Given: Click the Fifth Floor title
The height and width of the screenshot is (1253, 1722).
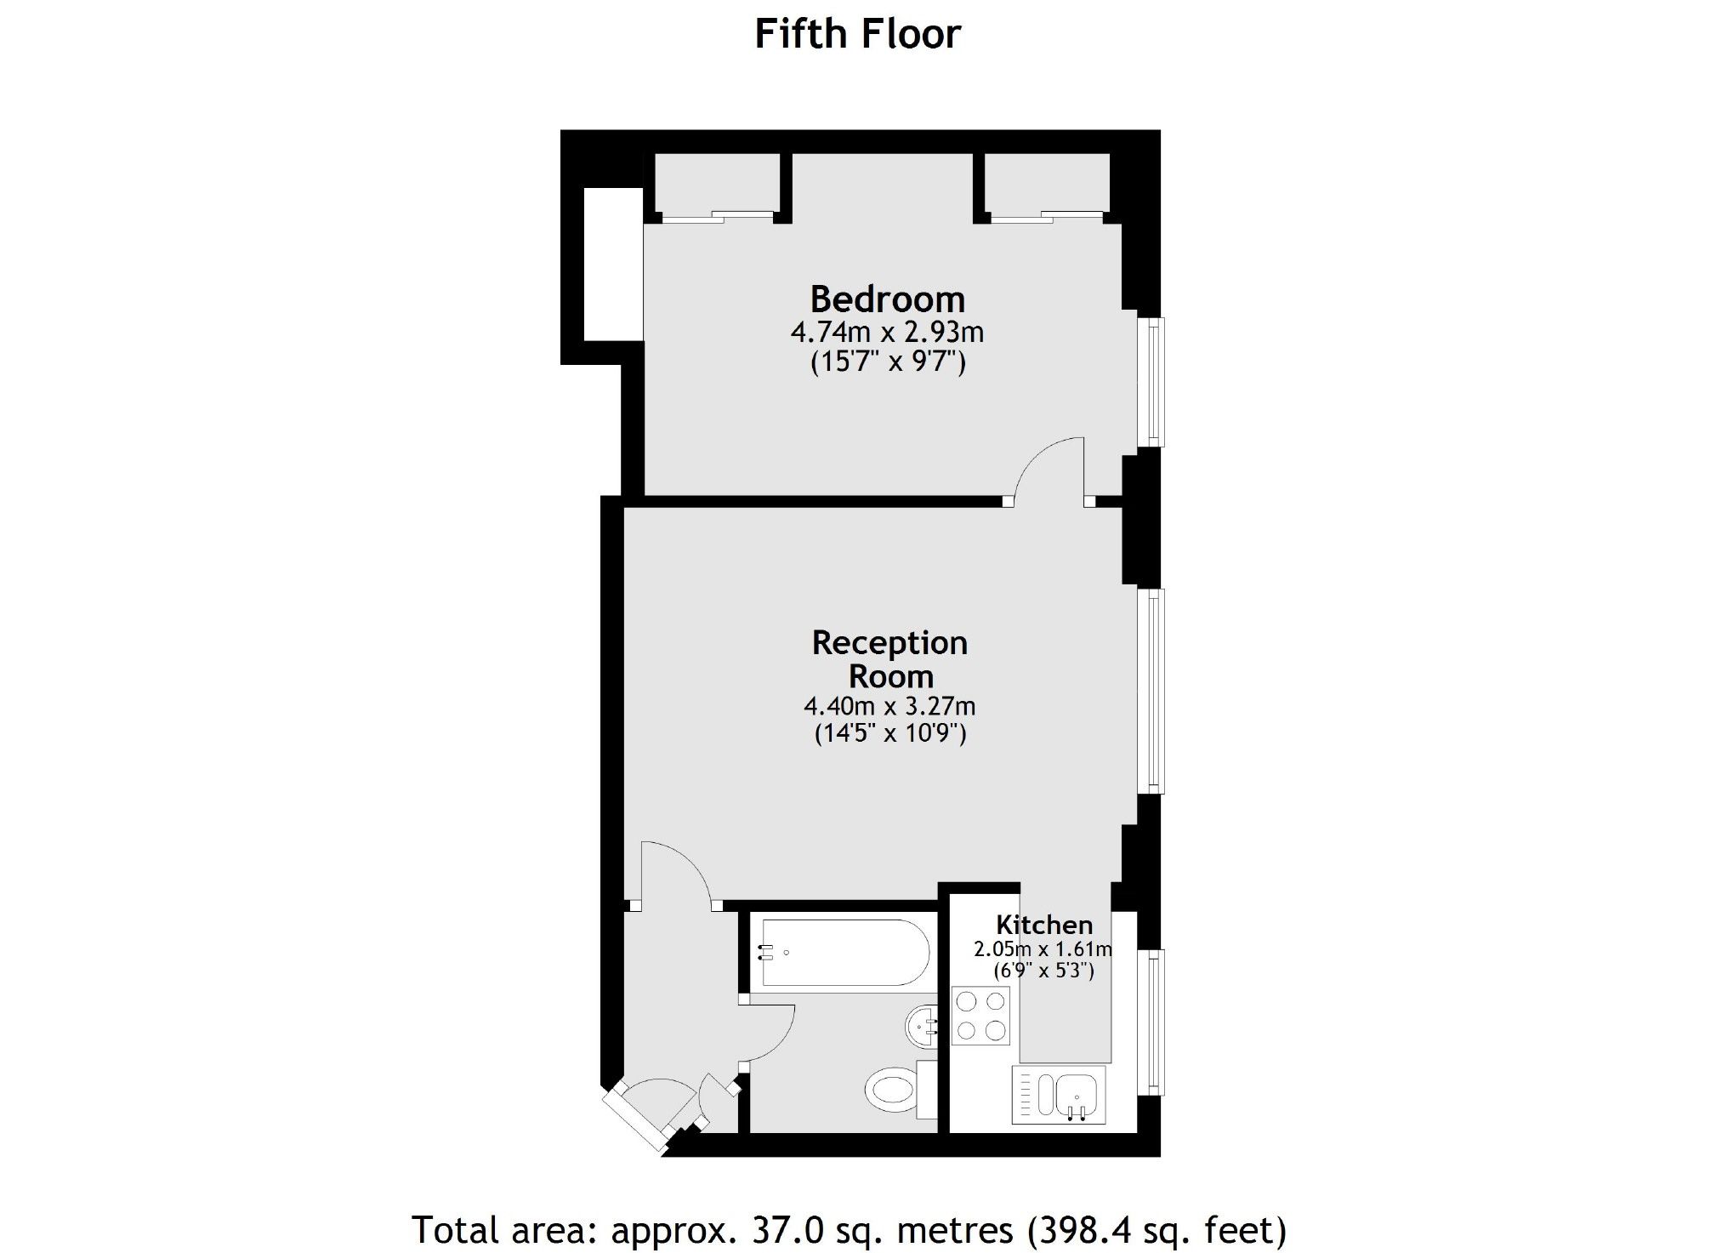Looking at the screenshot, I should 857,35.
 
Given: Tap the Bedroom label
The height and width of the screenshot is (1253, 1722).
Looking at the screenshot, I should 887,299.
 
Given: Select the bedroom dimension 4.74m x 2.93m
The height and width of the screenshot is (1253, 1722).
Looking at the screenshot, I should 887,332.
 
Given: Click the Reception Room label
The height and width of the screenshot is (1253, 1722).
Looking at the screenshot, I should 889,659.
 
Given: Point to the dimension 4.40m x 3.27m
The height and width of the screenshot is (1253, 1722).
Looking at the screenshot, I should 889,706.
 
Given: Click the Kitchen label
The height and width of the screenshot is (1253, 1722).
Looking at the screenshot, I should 1043,925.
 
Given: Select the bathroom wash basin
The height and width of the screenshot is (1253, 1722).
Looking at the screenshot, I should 920,1028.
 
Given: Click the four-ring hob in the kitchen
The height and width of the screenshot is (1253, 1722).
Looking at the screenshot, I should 980,1016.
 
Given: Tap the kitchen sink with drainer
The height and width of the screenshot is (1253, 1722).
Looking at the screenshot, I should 1059,1094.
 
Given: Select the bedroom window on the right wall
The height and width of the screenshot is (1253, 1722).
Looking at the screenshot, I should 1151,381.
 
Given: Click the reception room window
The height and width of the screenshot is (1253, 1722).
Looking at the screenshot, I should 1151,690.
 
